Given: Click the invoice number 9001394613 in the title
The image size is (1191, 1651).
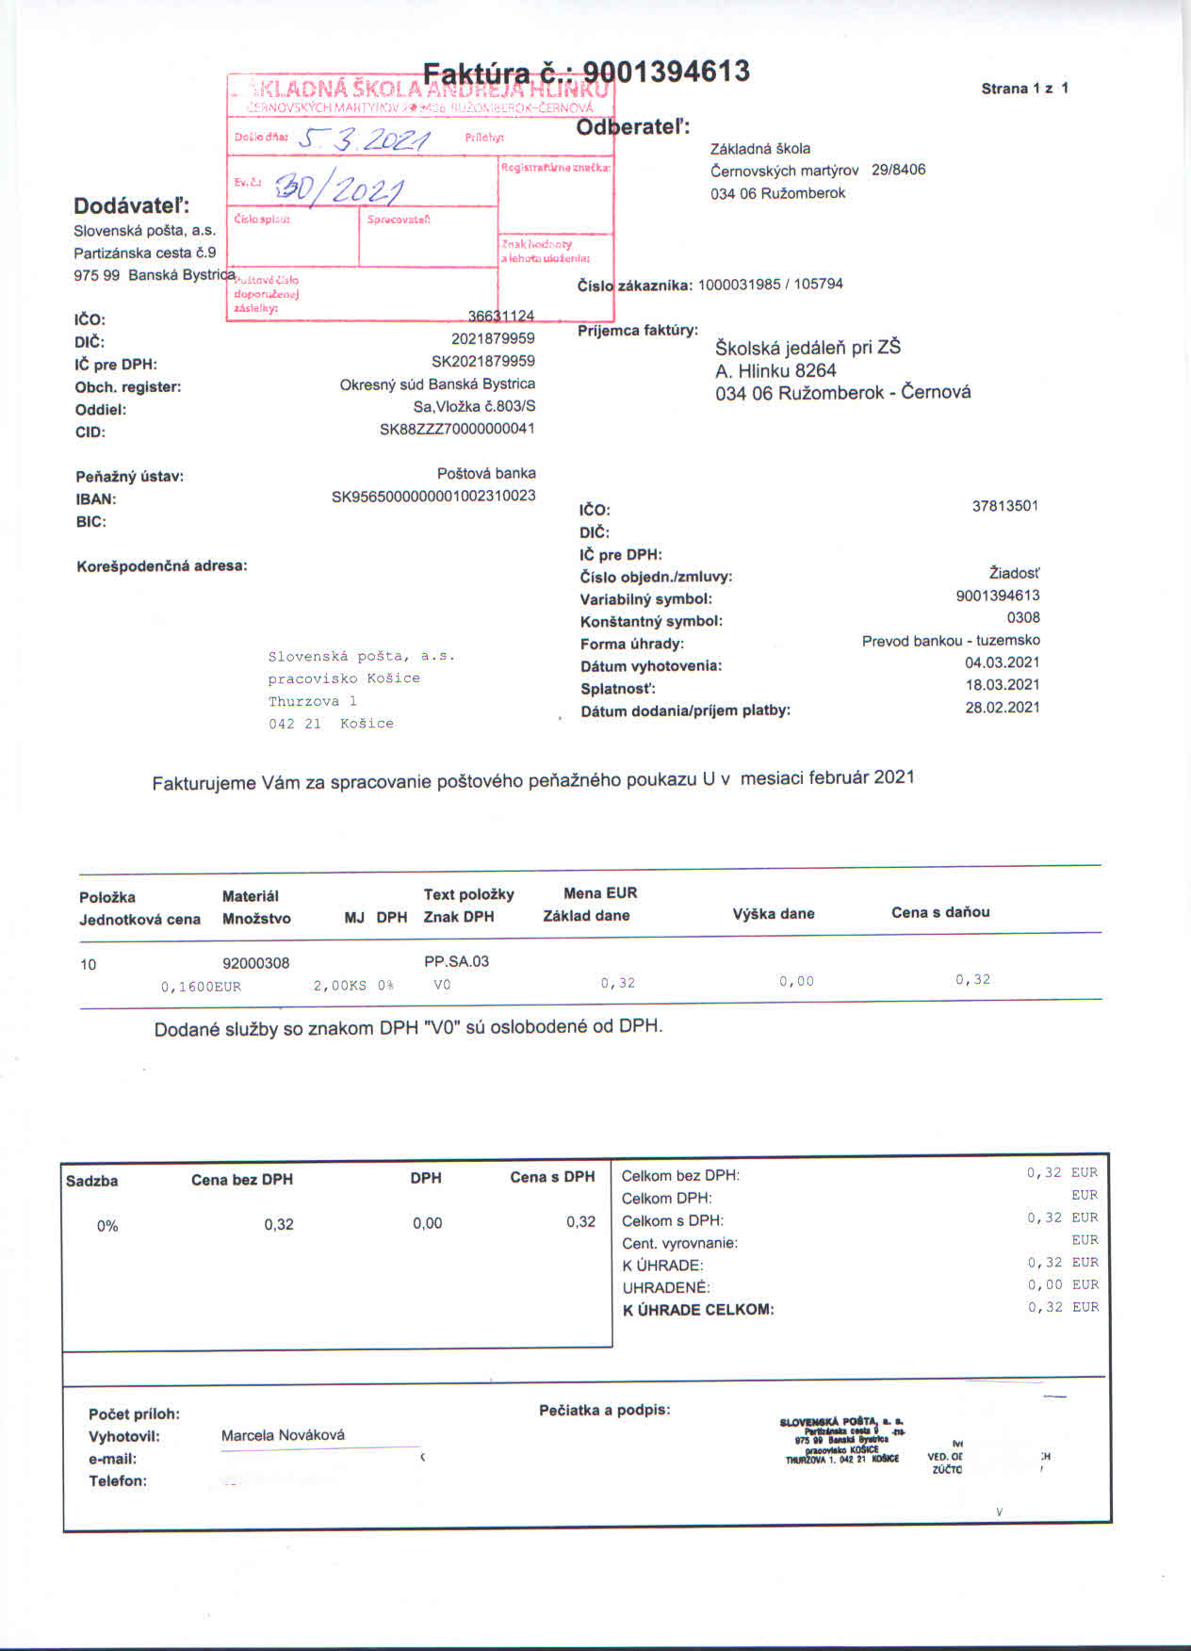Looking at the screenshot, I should pyautogui.click(x=666, y=72).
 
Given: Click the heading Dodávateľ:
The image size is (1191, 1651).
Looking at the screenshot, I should pyautogui.click(x=132, y=205).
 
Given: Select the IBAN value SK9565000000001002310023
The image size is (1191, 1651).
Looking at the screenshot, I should pyautogui.click(x=433, y=496).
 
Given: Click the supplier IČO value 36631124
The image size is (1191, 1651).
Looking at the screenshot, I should pyautogui.click(x=501, y=316).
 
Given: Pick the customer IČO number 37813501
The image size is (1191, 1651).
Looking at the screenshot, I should pyautogui.click(x=1004, y=506).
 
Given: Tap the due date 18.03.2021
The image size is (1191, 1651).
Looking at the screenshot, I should pyautogui.click(x=1002, y=685).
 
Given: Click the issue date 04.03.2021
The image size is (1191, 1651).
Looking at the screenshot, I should pyautogui.click(x=1002, y=662).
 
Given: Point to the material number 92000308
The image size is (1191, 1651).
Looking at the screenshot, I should pyautogui.click(x=255, y=963).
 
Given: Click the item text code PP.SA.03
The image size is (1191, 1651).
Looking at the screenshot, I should pyautogui.click(x=457, y=961).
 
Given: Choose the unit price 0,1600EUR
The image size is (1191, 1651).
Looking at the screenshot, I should pyautogui.click(x=201, y=987).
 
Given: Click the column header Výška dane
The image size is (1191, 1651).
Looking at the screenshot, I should pyautogui.click(x=773, y=913).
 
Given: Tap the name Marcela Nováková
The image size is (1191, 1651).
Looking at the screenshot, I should pyautogui.click(x=283, y=1435).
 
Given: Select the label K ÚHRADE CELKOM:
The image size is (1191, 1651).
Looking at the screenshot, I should pyautogui.click(x=698, y=1310).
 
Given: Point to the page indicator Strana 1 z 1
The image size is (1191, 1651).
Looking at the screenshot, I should pyautogui.click(x=1024, y=89).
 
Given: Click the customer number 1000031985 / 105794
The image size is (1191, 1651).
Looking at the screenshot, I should pyautogui.click(x=770, y=285).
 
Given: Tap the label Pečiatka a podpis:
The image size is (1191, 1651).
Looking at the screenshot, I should pyautogui.click(x=604, y=1410).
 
